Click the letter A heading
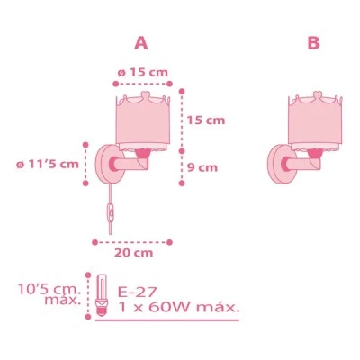pos(141,43)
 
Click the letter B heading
pos(314,43)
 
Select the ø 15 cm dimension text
pos(143,72)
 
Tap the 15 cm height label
pos(206,121)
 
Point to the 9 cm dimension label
pos(202,167)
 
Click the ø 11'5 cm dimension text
pos(48,164)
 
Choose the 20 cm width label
pos(133,253)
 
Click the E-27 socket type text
pos(138,292)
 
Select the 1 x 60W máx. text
pos(179,308)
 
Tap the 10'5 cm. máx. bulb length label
pos(49,294)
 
